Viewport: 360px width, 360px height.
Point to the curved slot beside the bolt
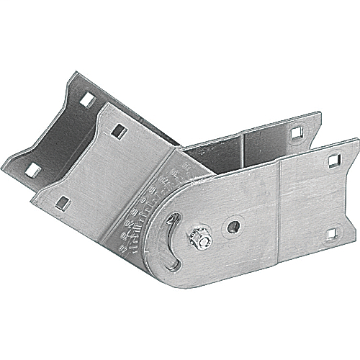click(174, 238)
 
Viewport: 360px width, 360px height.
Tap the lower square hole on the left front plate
click(63, 203)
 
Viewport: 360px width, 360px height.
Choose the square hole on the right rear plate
click(295, 132)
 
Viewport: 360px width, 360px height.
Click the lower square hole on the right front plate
click(331, 233)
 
